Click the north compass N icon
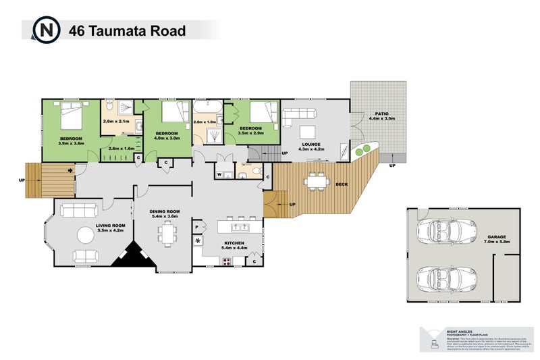[47, 30]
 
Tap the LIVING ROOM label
[110, 226]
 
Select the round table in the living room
[86, 236]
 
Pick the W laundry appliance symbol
[219, 175]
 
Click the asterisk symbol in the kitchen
[198, 241]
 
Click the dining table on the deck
[315, 181]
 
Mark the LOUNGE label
[311, 143]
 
